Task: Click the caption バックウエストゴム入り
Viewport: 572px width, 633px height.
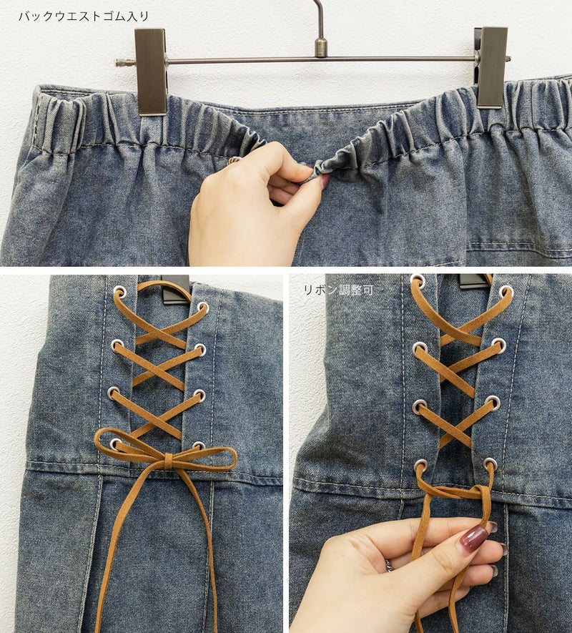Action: [84, 16]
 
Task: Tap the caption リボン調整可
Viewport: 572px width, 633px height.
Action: [338, 290]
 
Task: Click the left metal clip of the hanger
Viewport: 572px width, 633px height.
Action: [151, 72]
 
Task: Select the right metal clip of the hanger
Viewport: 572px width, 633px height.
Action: [491, 67]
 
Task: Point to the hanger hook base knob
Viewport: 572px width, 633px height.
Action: [321, 48]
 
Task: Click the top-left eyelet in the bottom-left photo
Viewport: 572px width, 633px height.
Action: [119, 291]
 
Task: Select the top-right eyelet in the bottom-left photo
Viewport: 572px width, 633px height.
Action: [203, 308]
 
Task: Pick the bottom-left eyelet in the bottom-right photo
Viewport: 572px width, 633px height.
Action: [420, 465]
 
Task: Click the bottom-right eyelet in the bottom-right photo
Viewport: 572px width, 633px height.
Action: [490, 464]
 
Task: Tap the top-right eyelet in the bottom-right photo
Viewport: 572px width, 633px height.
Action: [506, 292]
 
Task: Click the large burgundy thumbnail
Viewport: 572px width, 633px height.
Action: [474, 539]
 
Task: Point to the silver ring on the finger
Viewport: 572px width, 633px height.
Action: [388, 566]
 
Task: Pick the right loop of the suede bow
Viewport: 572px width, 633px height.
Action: [205, 459]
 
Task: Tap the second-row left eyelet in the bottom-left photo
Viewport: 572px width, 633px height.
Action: [117, 345]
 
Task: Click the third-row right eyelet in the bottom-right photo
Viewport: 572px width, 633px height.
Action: [493, 403]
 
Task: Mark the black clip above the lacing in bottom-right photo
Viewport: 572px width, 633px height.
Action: [474, 281]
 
